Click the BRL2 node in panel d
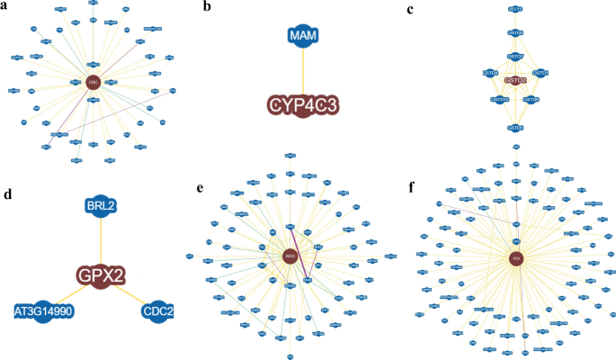pyautogui.click(x=101, y=206)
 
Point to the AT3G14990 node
pyautogui.click(x=41, y=311)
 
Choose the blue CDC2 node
pyautogui.click(x=158, y=311)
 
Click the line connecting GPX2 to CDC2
pyautogui.click(x=131, y=294)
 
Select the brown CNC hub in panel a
pyautogui.click(x=92, y=82)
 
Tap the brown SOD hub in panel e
pyautogui.click(x=289, y=256)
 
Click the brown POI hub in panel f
pyautogui.click(x=515, y=258)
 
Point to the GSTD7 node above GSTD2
pyautogui.click(x=515, y=57)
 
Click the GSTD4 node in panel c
pyautogui.click(x=490, y=73)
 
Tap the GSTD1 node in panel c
pyautogui.click(x=540, y=73)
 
